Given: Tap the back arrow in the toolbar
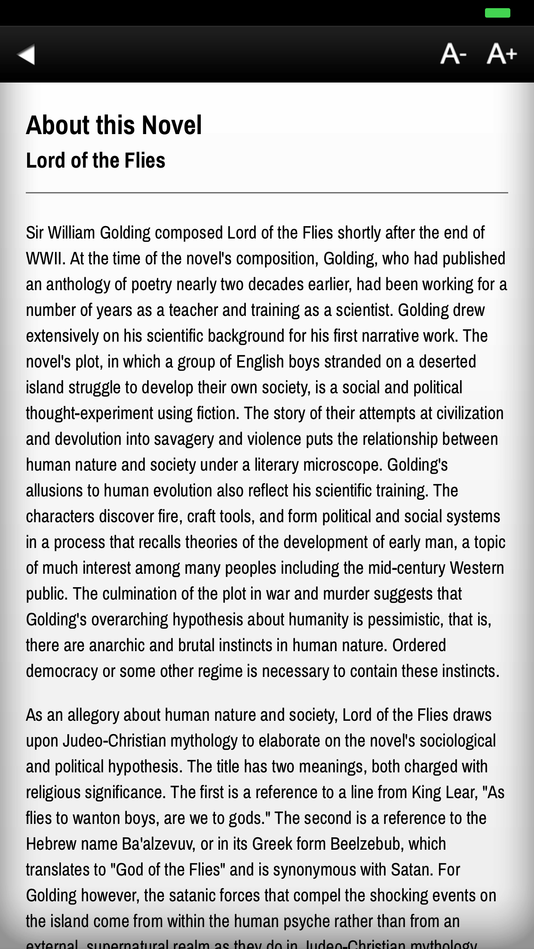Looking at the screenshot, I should click(26, 55).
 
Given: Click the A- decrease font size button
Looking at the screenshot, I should click(453, 54).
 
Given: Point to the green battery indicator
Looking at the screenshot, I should click(497, 13).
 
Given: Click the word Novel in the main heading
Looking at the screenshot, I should click(172, 126).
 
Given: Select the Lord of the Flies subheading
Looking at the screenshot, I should click(95, 160).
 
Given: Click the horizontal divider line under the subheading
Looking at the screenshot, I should click(267, 193).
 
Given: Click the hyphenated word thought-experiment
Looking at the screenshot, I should click(89, 413).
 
